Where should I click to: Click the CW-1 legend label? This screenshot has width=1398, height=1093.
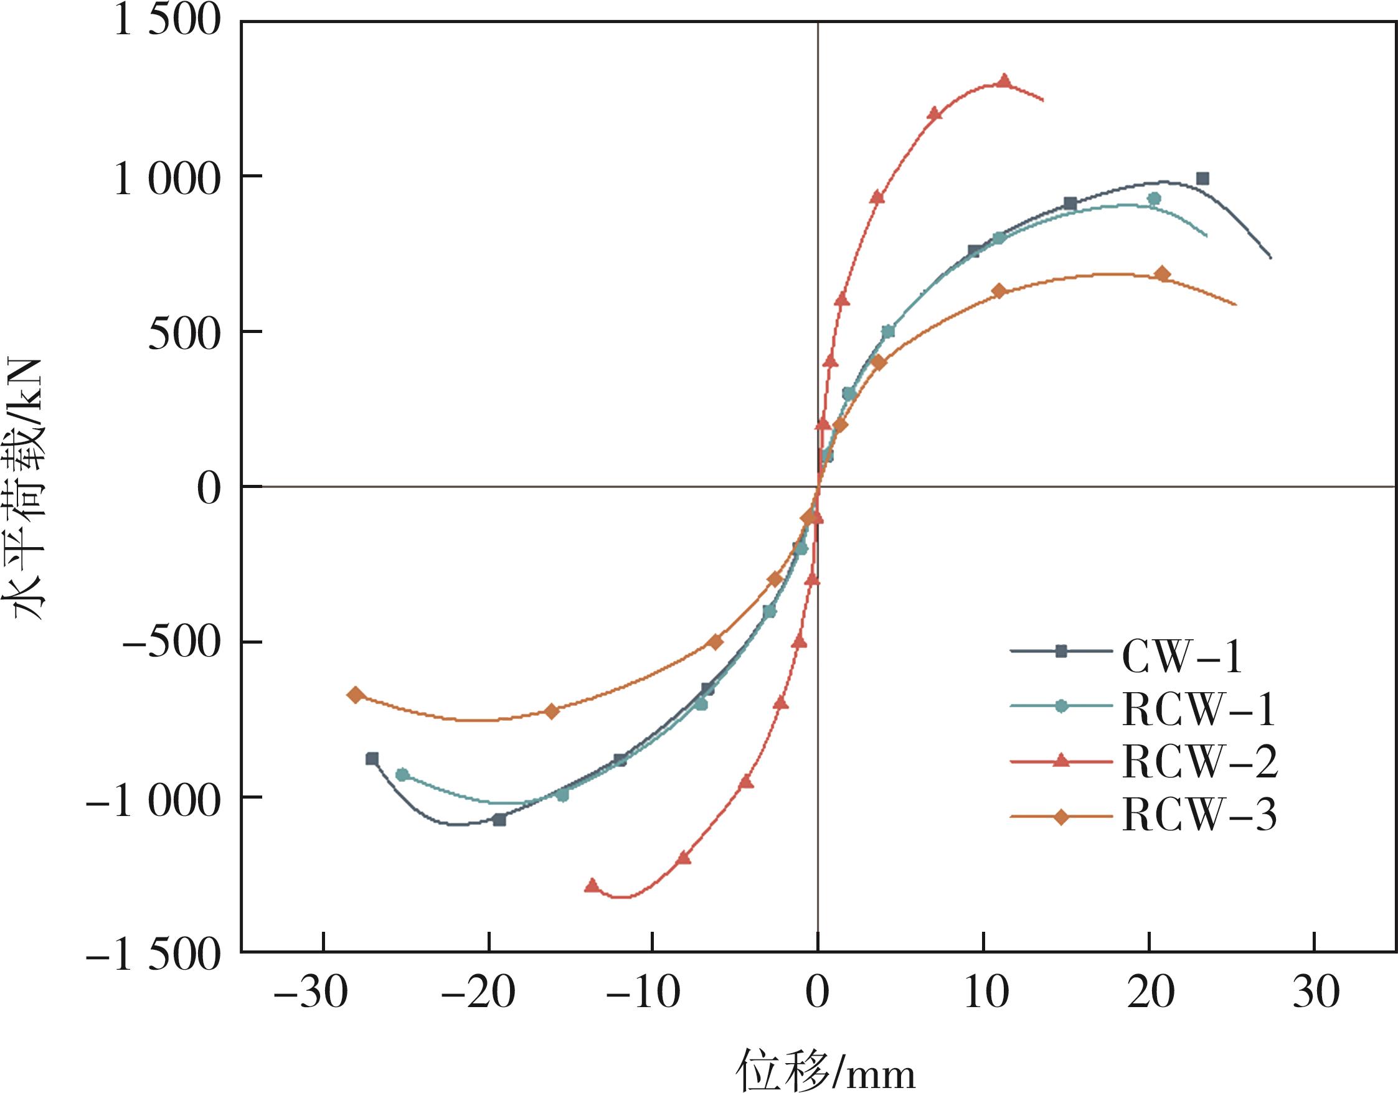tap(1182, 657)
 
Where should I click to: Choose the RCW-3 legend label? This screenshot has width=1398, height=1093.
tap(1199, 815)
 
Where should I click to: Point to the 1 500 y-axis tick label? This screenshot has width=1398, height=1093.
tap(167, 22)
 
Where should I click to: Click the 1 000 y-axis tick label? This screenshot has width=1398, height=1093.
tap(167, 179)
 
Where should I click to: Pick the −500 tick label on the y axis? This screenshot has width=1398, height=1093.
tap(171, 643)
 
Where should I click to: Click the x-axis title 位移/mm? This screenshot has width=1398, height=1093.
tap(825, 1069)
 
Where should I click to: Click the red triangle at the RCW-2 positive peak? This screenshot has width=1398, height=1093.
tap(1004, 82)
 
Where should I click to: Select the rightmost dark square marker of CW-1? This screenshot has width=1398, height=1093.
tap(1202, 179)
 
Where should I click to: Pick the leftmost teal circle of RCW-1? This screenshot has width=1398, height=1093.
tap(402, 774)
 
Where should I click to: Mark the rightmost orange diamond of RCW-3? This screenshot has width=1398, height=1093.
tap(1162, 274)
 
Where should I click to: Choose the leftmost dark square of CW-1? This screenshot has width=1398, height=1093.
tap(372, 759)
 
